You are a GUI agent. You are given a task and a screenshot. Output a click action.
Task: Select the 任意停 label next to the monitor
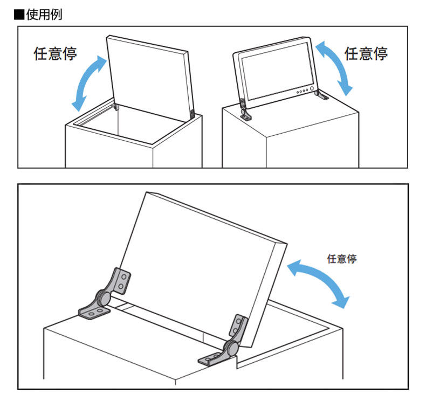coord(366,53)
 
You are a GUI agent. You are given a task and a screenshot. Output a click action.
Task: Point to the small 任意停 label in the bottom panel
coord(342,259)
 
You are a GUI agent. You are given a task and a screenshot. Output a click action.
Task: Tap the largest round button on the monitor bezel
coord(311,89)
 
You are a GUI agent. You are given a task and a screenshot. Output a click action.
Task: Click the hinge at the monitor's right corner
coord(321,96)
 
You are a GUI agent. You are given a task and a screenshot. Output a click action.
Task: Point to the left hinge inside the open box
coord(116,107)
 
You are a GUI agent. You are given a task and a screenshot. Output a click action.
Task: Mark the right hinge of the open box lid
coord(193,114)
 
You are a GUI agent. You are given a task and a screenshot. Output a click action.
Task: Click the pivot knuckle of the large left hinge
coord(102,296)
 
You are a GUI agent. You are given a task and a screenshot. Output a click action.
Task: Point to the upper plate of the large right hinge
coord(238,327)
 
